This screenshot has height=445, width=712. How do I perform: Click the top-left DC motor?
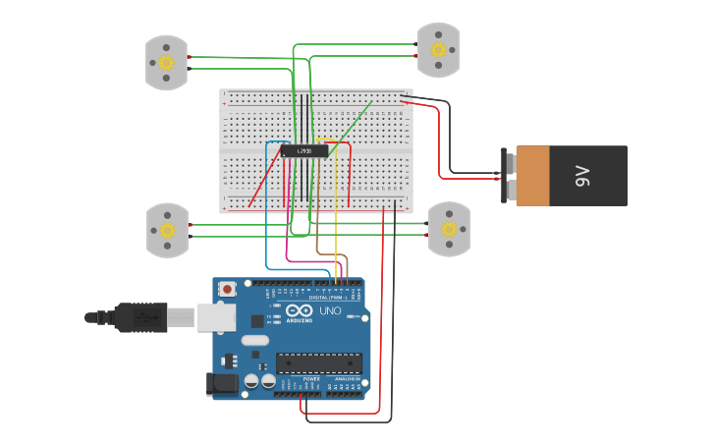(x=166, y=63)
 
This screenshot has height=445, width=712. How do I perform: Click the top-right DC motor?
(x=438, y=50)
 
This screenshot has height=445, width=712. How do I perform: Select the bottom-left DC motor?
(x=167, y=230)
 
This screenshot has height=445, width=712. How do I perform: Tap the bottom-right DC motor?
(x=449, y=229)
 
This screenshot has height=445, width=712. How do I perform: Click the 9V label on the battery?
(x=581, y=176)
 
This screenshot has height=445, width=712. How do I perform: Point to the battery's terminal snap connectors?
(x=509, y=176)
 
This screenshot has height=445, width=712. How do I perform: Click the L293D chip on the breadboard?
(x=304, y=150)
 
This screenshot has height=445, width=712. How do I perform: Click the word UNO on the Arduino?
(x=330, y=310)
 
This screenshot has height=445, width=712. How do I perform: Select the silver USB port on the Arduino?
(x=217, y=316)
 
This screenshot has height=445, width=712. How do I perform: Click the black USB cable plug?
(x=147, y=317)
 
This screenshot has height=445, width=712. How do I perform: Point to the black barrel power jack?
(x=222, y=384)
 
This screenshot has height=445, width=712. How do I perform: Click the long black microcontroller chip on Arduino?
(x=318, y=362)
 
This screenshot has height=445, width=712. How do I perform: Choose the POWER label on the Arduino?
(x=311, y=378)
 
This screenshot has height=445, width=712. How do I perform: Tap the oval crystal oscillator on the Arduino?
(x=253, y=341)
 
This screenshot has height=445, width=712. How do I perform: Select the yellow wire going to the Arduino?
(x=337, y=216)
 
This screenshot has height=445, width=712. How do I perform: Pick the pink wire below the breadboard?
(x=287, y=246)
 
